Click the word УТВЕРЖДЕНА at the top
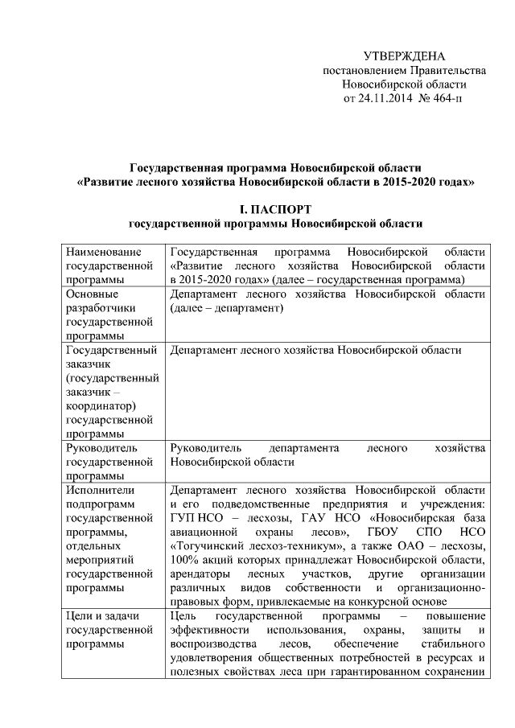click(404, 56)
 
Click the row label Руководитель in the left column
click(103, 447)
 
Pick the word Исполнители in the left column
click(101, 489)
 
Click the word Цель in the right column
click(184, 615)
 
